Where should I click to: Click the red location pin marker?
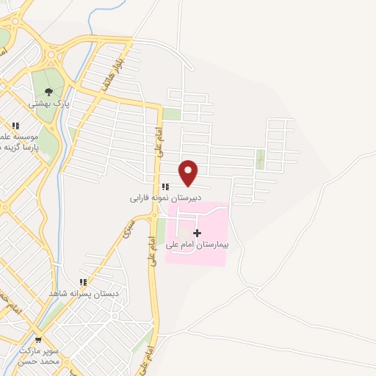pos(189,172)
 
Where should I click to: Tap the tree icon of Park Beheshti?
pos(48,92)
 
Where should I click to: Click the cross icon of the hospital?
pos(197,233)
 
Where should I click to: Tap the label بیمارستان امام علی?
pos(197,245)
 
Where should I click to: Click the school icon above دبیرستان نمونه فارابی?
pos(164,187)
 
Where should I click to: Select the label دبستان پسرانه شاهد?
pos(84,293)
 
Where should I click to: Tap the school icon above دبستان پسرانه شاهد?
pos(83,281)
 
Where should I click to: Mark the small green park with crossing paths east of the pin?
pos(260,159)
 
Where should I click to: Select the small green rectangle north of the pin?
pos(171,114)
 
